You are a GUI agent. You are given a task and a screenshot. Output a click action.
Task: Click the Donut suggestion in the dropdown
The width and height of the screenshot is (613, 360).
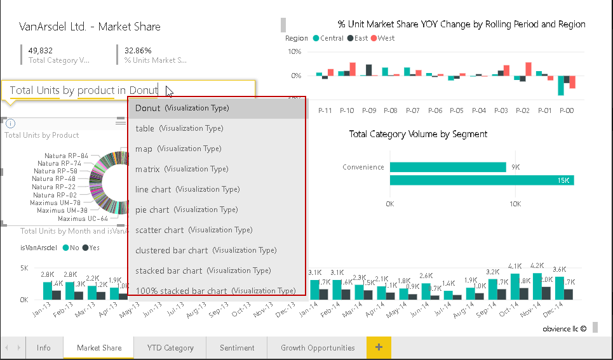pos(182,108)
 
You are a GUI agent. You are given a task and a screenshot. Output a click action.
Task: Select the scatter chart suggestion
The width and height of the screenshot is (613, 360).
pos(194,230)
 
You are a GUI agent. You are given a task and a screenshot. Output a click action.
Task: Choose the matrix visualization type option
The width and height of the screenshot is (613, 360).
pos(182,169)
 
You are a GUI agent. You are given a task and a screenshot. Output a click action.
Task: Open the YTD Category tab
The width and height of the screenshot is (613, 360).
pos(170,348)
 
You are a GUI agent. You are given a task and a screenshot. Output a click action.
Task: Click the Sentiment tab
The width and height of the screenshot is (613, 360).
pos(237,348)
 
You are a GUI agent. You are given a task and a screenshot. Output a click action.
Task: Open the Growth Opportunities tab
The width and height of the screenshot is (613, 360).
pos(318,348)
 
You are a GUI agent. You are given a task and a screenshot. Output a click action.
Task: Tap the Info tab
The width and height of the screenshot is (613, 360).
pos(44,348)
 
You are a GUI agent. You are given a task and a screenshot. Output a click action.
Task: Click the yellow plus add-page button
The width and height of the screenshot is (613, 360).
pos(379,347)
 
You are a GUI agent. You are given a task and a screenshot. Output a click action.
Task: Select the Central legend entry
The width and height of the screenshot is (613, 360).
pos(328,38)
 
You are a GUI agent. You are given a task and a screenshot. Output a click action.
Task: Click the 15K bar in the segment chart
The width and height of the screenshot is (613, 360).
pos(482,180)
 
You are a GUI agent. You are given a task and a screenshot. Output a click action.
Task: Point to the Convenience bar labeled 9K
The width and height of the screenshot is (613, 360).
pos(447,167)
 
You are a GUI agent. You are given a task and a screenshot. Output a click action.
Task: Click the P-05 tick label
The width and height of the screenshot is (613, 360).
pos(456,110)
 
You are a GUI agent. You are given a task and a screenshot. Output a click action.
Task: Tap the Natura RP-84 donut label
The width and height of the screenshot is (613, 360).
pos(66,156)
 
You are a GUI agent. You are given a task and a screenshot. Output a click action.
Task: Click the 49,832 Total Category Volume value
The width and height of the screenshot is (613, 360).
pos(41,50)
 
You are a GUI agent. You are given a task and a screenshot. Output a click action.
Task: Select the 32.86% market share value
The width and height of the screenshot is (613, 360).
pos(138,50)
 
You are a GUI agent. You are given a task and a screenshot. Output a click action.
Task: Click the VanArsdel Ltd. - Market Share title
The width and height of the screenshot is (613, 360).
pos(90,27)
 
